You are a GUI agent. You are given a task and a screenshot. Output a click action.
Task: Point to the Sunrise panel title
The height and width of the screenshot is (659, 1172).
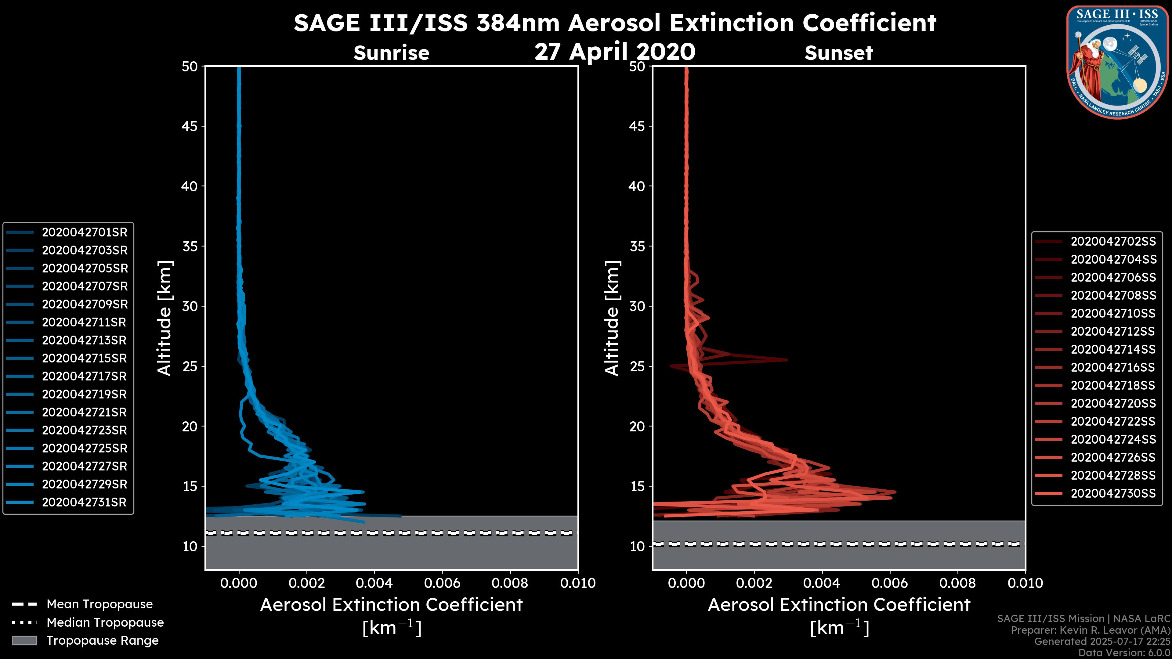391,53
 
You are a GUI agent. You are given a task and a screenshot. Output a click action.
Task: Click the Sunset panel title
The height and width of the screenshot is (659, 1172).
838,53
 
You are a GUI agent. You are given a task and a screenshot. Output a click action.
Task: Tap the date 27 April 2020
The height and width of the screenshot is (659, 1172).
615,51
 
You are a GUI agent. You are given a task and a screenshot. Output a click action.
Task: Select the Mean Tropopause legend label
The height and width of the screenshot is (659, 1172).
99,604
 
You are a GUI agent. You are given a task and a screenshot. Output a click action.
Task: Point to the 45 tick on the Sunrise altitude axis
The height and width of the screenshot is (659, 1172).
190,126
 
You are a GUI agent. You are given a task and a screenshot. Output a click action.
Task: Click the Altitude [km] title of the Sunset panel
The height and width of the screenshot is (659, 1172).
612,318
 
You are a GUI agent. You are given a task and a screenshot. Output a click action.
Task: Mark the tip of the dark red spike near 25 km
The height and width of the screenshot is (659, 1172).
787,360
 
